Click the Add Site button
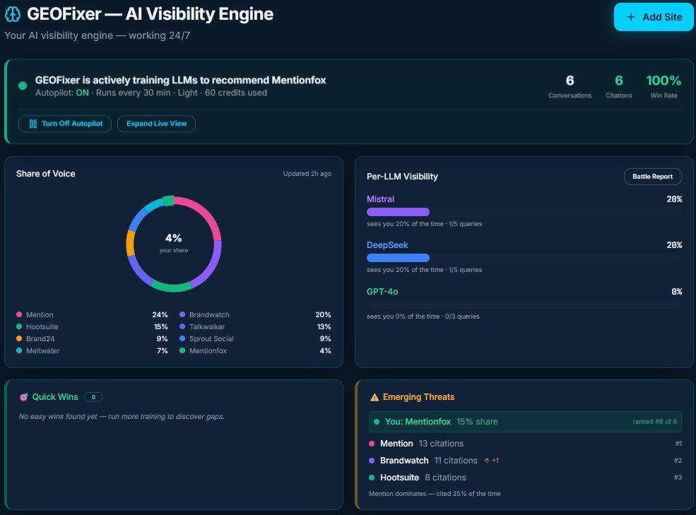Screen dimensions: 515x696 [x=654, y=17]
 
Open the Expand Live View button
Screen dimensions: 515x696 [x=156, y=124]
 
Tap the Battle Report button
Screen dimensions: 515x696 [x=652, y=177]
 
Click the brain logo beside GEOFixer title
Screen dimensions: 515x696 [x=13, y=14]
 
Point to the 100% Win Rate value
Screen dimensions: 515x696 [x=663, y=81]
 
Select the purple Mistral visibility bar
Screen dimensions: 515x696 [x=398, y=212]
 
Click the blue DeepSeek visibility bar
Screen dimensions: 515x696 [x=398, y=258]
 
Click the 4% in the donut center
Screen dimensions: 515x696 [x=174, y=238]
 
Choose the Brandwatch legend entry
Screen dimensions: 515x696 [x=209, y=314]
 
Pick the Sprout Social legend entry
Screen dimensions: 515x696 [x=211, y=338]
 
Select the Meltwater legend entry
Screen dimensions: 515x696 [x=42, y=350]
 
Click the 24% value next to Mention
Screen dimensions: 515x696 [x=160, y=314]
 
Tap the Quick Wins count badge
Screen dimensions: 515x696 [x=93, y=397]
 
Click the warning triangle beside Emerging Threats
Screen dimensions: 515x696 [x=374, y=397]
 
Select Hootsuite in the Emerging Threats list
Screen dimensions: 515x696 [x=399, y=478]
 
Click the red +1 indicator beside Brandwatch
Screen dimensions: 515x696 [x=492, y=461]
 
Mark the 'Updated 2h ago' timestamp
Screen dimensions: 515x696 [x=307, y=174]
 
